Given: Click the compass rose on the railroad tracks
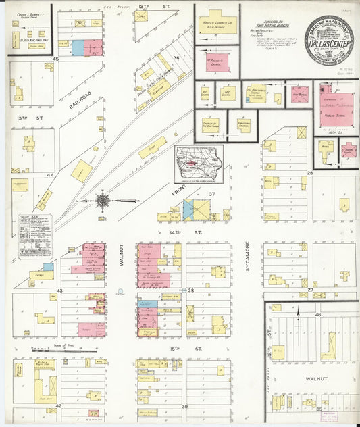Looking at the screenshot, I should tap(103, 201).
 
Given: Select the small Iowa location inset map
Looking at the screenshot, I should tap(199, 163).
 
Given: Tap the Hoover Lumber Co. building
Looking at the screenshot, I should tap(217, 26).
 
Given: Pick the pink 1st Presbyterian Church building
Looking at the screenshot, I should tap(217, 62).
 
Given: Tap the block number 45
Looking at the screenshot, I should tap(57, 60).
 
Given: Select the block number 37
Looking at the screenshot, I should tap(211, 195).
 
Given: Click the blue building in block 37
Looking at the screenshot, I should tap(188, 209).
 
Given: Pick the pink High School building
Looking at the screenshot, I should tap(299, 94).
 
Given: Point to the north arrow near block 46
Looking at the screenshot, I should tap(297, 312).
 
